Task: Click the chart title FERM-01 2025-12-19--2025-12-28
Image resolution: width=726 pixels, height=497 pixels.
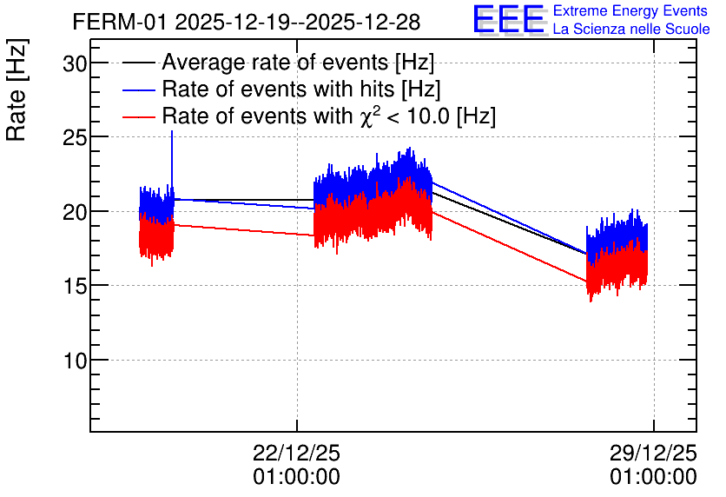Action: [x=247, y=22]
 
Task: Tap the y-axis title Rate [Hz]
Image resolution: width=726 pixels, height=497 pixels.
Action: [x=16, y=89]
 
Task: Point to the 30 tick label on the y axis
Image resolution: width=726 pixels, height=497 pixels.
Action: [x=75, y=63]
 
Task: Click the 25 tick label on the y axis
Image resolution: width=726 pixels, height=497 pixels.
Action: [x=75, y=137]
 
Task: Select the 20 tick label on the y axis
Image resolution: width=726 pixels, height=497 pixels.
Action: [x=75, y=212]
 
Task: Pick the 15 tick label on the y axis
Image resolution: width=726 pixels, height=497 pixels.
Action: [x=75, y=286]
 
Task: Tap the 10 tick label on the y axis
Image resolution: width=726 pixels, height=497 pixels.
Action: [x=75, y=360]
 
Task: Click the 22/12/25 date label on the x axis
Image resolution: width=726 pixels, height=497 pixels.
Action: [x=296, y=453]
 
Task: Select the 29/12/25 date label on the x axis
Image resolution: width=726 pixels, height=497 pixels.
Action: [x=653, y=453]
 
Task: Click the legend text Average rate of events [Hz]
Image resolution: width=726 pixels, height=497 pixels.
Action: [x=298, y=63]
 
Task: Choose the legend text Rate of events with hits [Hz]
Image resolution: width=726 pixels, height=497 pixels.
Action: [x=301, y=89]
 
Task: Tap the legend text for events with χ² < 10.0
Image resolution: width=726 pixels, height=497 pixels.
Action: [x=329, y=116]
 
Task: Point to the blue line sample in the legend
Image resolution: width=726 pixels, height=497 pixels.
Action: [x=138, y=90]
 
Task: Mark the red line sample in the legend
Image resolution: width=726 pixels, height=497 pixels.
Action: [x=138, y=117]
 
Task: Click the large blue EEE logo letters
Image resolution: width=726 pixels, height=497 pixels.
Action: [x=509, y=19]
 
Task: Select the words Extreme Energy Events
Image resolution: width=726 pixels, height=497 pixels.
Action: [x=630, y=10]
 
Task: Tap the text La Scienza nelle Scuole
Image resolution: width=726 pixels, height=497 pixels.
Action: [x=631, y=30]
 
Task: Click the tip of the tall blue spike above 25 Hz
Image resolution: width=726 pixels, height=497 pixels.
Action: [x=172, y=131]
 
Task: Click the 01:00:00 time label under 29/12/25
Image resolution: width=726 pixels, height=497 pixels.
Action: [x=653, y=477]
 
